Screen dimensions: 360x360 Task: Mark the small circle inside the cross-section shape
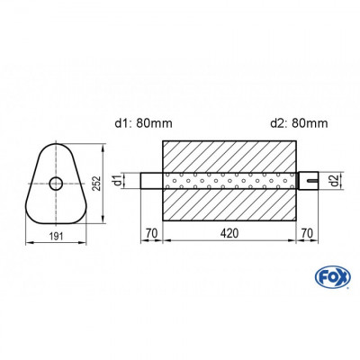tap(56, 184)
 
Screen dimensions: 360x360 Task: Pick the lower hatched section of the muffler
tap(229, 207)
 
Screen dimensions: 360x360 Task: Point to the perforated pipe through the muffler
tap(229, 181)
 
